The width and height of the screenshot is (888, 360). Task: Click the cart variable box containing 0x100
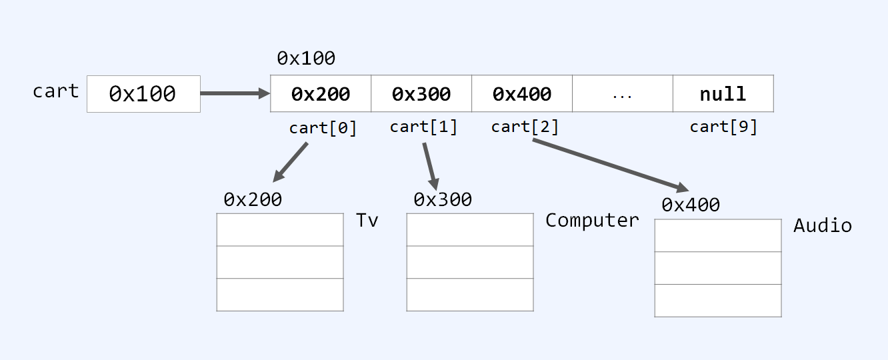click(143, 94)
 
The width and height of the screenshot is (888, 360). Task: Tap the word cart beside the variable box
click(56, 91)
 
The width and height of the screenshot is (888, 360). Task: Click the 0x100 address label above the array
click(306, 59)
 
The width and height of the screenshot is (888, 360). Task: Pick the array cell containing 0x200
click(321, 94)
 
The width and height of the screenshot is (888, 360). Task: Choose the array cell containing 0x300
click(421, 94)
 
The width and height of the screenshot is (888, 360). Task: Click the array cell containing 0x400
click(522, 94)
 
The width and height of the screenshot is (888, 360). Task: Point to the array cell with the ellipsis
click(622, 94)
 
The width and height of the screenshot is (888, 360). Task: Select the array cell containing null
click(723, 94)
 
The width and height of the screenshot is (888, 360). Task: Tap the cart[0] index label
click(323, 128)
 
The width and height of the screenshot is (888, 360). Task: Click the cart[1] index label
click(423, 127)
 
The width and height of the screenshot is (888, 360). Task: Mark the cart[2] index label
click(525, 127)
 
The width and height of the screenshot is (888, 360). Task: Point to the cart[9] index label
click(723, 127)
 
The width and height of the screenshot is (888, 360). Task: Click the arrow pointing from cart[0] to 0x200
click(291, 162)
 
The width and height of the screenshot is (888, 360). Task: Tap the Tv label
click(367, 221)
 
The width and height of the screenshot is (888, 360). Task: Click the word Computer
click(592, 221)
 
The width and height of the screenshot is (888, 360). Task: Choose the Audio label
click(822, 226)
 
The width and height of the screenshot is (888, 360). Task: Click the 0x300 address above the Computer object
click(443, 199)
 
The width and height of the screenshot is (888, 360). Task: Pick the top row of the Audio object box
click(718, 235)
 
